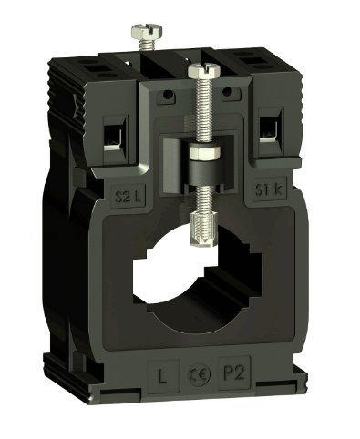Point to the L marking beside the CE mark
(x=162, y=374)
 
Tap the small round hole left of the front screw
(x=170, y=94)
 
